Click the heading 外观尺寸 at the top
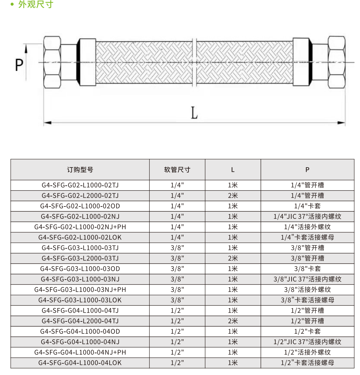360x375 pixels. pos(36,5)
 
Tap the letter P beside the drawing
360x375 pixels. pos(19,65)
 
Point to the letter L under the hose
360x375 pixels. pos(194,113)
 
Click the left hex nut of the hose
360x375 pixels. pos(52,62)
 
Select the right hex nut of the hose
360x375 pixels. pos(336,62)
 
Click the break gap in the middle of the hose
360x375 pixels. pos(195,62)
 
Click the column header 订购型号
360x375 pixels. pos(80,170)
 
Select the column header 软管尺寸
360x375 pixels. pos(177,170)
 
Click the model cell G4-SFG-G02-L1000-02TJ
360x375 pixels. pos(80,185)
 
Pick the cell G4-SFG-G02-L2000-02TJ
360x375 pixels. pos(80,196)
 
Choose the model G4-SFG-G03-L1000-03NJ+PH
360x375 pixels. pos(80,290)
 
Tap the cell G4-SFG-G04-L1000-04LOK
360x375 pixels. pos(80,363)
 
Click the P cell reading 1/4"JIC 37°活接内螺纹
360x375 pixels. pos(307,217)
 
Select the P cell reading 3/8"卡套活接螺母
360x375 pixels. pos(307,300)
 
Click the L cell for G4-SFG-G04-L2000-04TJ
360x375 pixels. pos(233,321)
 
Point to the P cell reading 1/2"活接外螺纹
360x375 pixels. pos(307,353)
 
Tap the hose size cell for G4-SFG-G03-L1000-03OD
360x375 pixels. pos(177,269)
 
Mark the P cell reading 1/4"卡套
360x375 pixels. pos(307,206)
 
